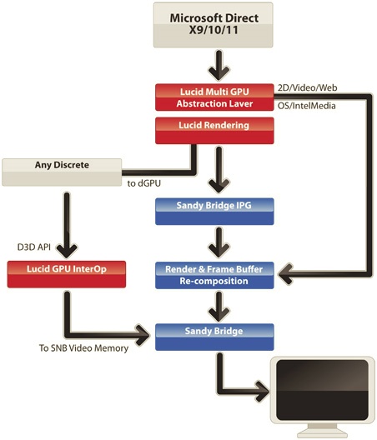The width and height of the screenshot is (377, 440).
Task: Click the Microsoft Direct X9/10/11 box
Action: pos(213,25)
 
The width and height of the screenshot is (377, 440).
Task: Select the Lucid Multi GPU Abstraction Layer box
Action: pos(214,97)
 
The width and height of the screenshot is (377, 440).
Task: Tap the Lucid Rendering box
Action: pos(214,131)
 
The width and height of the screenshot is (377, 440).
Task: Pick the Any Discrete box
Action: pos(62,172)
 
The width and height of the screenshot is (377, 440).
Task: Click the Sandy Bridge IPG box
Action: pos(214,212)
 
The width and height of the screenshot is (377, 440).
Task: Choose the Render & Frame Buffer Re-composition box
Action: pos(214,275)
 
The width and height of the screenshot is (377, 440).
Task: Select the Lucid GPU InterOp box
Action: pos(67,274)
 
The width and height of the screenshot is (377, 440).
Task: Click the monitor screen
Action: pos(322,390)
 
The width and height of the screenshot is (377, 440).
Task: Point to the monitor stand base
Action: pos(322,435)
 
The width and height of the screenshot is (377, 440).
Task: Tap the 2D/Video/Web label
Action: pos(307,87)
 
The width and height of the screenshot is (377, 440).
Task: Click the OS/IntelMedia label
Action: pos(306,106)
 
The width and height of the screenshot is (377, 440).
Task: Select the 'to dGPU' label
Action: pos(143,183)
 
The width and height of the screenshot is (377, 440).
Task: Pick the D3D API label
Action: pos(34,247)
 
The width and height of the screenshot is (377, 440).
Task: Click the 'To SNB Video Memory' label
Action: pos(83,348)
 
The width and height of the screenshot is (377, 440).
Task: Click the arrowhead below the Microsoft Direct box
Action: pos(219,73)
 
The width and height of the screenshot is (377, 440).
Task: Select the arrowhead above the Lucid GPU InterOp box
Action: pos(67,251)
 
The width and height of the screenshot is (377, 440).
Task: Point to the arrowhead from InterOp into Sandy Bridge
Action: pos(142,335)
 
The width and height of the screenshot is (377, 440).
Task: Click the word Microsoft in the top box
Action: pos(194,18)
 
